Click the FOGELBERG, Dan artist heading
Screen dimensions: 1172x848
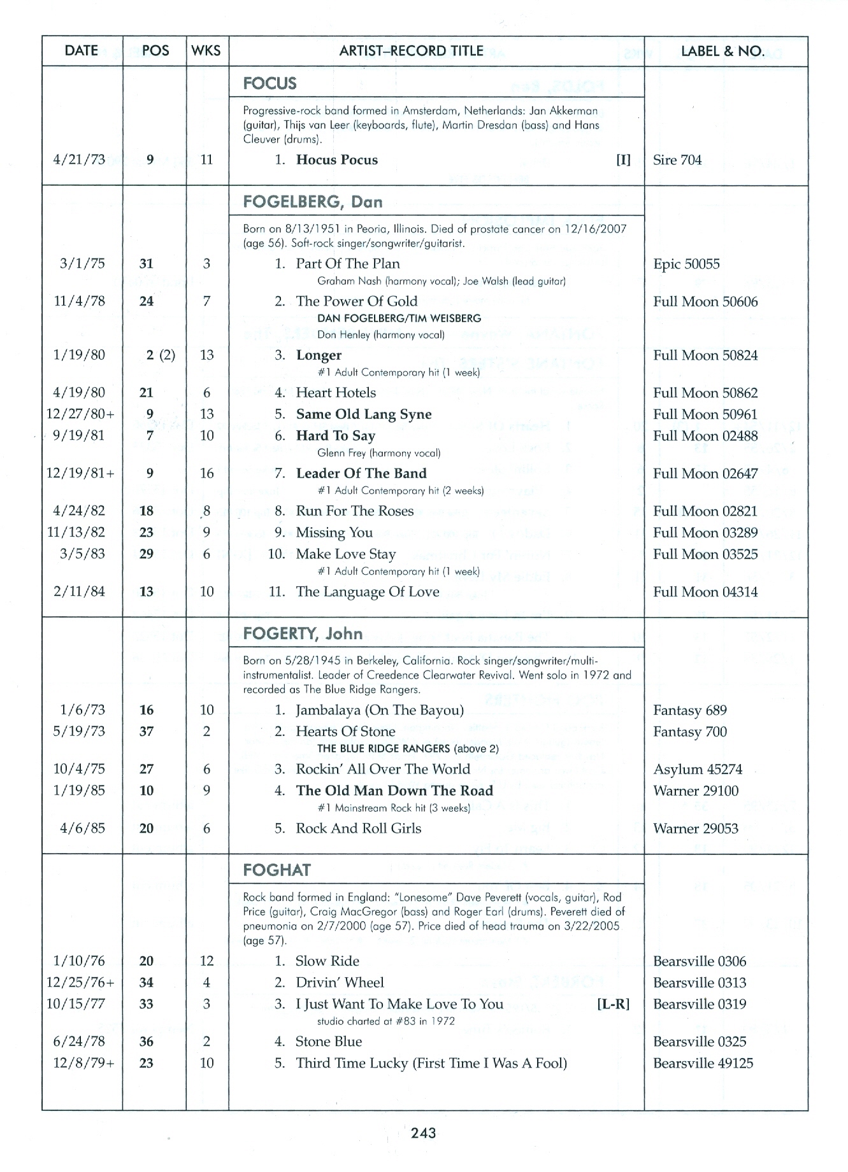[x=312, y=202]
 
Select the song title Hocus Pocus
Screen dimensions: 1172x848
[x=336, y=160]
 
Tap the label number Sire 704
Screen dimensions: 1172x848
[x=677, y=160]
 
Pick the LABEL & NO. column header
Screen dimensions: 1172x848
[x=722, y=51]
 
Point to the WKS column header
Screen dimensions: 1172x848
[x=206, y=51]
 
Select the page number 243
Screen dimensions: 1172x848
[x=424, y=1133]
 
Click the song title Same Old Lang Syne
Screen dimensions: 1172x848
[x=364, y=414]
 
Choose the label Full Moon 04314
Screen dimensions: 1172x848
[x=705, y=592]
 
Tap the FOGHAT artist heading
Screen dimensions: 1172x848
[x=277, y=870]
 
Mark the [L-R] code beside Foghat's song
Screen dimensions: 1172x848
[x=613, y=1004]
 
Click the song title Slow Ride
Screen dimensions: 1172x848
[x=327, y=961]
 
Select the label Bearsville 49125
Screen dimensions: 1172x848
[x=703, y=1063]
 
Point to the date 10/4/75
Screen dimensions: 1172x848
[x=80, y=769]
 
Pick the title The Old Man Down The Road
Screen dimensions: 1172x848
[x=394, y=791]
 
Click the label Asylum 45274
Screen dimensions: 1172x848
[x=698, y=769]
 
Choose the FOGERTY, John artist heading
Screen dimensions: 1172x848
[x=303, y=634]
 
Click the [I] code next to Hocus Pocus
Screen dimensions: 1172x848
[x=623, y=160]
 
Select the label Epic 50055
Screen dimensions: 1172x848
[x=686, y=264]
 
